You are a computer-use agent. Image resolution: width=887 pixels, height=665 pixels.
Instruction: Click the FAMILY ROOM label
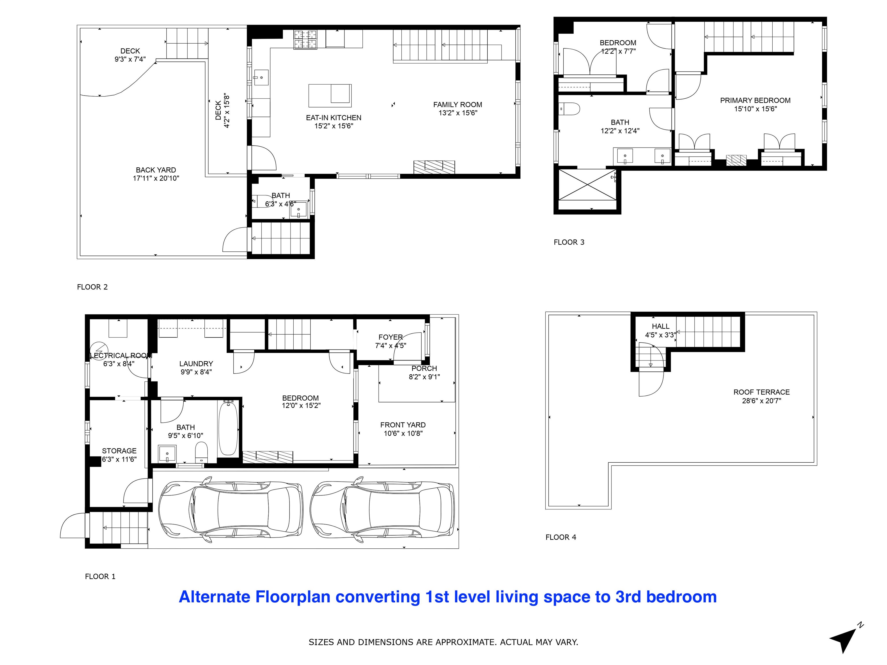458,104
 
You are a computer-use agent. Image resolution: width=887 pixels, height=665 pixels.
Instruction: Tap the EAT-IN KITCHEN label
333,118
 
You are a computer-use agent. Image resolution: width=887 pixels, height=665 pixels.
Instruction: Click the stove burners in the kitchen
305,40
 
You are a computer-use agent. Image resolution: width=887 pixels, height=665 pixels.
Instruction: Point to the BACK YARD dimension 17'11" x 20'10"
156,178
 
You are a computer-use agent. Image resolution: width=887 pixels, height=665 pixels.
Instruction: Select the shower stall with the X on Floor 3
587,184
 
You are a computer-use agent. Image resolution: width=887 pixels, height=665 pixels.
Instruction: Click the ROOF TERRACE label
761,392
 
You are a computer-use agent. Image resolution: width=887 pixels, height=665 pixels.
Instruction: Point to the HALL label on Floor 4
660,326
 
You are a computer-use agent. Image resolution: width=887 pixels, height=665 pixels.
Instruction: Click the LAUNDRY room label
196,364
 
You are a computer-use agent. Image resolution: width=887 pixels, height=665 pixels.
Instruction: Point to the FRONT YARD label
403,425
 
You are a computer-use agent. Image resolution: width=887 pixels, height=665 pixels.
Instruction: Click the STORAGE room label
119,451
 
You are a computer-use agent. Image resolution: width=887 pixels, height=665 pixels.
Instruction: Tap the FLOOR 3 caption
569,242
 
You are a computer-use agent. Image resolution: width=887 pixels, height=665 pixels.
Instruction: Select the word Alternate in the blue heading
215,597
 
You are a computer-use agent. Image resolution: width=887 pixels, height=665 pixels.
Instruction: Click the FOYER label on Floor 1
391,337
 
